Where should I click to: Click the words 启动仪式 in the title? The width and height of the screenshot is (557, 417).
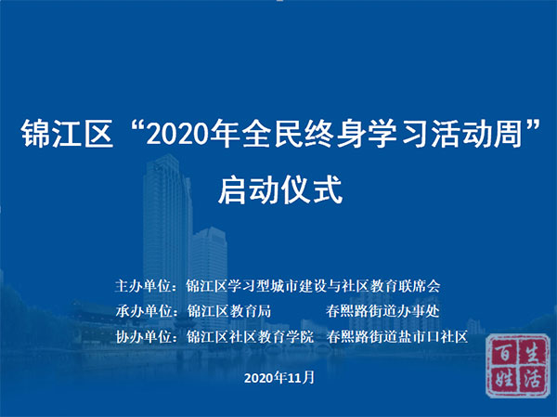280,190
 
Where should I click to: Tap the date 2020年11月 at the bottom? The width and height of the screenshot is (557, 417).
279,377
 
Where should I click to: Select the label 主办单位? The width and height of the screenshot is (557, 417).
143,286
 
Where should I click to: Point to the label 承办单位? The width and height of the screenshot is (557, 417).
144,311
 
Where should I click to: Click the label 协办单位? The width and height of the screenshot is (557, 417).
144,336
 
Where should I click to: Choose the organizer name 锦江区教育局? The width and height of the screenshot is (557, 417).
228,311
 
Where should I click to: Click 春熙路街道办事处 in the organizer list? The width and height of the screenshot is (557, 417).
382,311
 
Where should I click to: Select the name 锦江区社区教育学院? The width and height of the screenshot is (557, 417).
250,336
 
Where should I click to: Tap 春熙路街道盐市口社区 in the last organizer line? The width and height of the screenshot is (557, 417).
397,336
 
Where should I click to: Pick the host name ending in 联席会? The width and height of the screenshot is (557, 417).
313,286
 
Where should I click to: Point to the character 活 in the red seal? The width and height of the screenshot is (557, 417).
532,377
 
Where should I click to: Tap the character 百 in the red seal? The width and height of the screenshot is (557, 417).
504,353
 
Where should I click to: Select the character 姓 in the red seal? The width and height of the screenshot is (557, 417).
505,378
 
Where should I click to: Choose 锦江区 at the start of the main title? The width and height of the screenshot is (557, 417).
67,134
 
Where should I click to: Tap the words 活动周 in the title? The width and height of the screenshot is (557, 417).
477,134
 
